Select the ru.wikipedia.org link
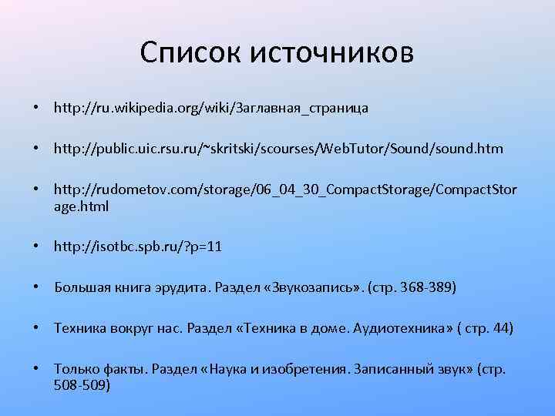(x=210, y=108)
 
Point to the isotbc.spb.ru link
(x=138, y=247)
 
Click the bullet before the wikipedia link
(x=37, y=108)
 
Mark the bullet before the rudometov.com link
(x=37, y=190)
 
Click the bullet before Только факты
(x=37, y=370)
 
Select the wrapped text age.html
(x=81, y=206)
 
